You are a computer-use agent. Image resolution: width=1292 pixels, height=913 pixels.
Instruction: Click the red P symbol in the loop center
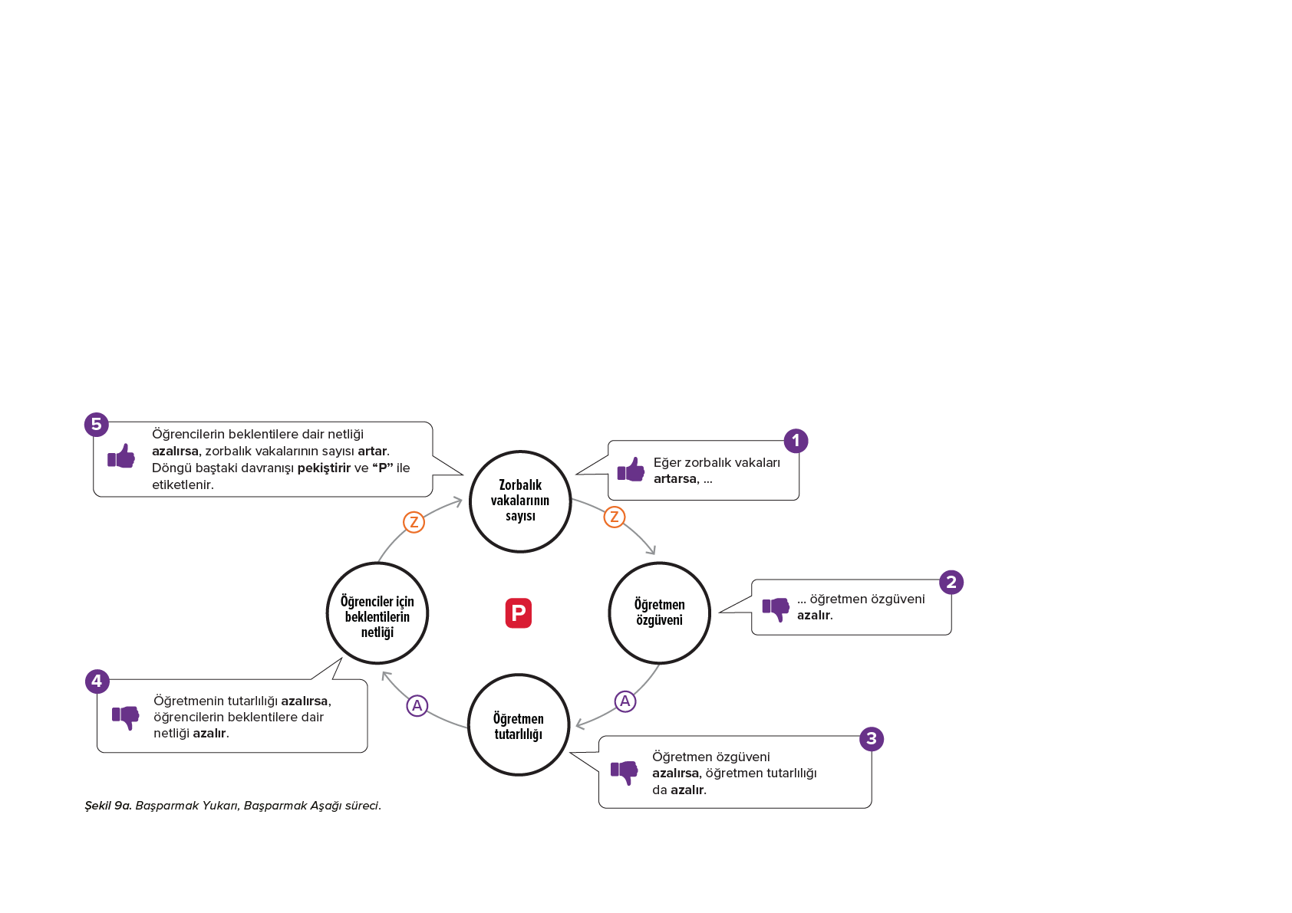click(x=518, y=613)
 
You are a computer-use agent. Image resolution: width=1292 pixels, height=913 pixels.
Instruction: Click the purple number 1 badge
click(x=796, y=441)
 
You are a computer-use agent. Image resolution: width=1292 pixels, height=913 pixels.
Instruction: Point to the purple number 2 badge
click(x=951, y=582)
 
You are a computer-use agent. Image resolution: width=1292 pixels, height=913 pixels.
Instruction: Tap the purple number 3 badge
click(x=872, y=738)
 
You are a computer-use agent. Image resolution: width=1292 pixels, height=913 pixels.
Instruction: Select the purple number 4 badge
click(x=97, y=681)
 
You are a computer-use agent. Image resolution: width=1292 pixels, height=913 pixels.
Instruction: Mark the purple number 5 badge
click(x=97, y=424)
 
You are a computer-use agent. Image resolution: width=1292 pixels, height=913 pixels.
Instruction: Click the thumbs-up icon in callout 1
click(x=631, y=470)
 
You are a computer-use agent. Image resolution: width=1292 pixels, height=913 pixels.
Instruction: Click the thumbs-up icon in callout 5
click(x=121, y=456)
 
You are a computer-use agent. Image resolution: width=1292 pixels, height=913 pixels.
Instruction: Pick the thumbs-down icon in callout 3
click(x=624, y=773)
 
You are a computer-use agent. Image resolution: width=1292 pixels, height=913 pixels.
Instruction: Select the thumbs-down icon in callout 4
click(x=126, y=718)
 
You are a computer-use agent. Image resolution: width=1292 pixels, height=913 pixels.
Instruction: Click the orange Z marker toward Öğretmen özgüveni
click(x=615, y=517)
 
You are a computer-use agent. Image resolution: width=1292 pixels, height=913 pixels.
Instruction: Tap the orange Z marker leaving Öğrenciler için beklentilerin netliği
click(x=414, y=522)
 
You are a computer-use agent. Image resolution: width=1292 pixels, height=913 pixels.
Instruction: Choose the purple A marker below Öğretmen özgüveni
click(x=625, y=701)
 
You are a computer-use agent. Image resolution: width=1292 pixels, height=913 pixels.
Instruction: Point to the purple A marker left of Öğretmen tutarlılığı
click(x=417, y=705)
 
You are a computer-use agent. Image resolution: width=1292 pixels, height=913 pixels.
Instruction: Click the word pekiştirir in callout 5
click(x=324, y=468)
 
